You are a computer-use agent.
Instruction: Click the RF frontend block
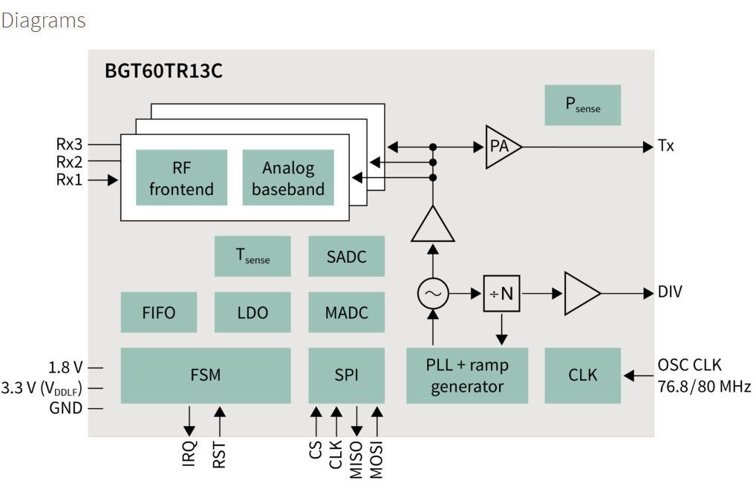point(181,178)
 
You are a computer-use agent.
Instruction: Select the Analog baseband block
point(288,178)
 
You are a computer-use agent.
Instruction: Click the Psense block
point(582,105)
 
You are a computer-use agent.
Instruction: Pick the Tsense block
point(252,256)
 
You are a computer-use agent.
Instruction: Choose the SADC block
point(346,256)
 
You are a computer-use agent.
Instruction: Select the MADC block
point(346,312)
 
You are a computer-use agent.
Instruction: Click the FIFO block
point(159,312)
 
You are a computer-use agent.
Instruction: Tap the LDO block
point(252,312)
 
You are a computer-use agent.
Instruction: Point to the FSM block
point(205,375)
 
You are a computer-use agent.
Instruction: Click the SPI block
point(346,375)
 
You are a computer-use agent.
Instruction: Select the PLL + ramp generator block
point(467,375)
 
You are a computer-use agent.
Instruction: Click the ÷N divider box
point(501,294)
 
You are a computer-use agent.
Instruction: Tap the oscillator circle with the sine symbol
point(431,295)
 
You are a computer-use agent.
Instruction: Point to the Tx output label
point(666,146)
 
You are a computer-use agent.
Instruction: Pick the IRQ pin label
point(189,453)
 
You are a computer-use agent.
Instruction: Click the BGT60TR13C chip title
point(164,72)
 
